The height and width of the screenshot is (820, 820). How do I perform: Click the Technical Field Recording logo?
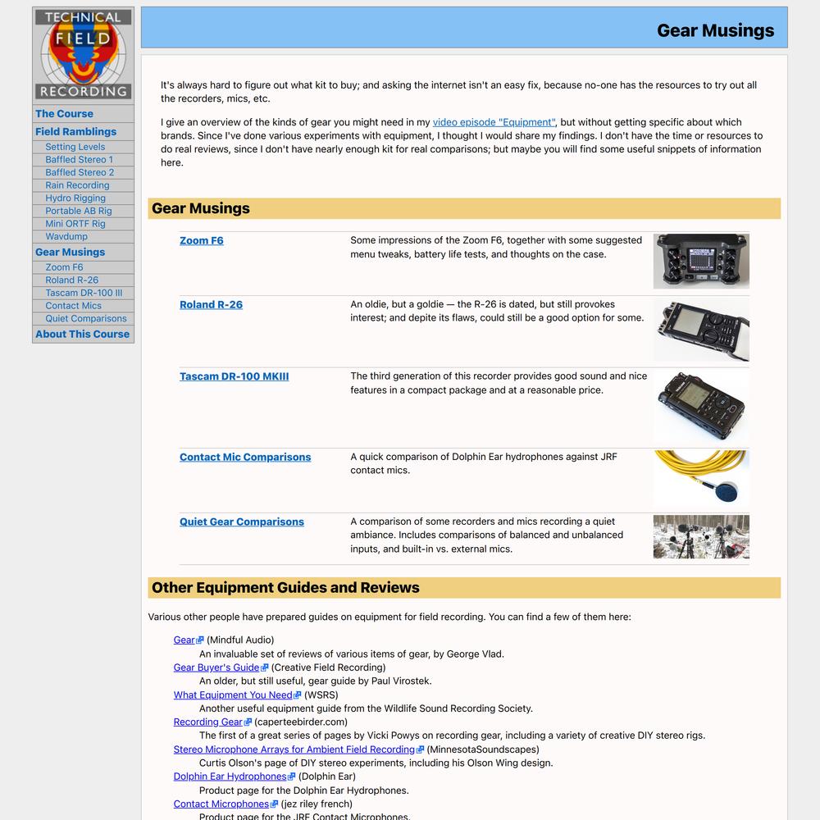[x=83, y=54]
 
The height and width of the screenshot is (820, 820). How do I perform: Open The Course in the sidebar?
[x=64, y=114]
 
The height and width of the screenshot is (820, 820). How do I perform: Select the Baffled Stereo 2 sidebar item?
[x=80, y=172]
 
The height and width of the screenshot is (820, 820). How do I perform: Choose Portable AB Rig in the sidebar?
[x=79, y=211]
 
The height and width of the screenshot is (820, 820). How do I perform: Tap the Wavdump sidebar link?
[x=66, y=236]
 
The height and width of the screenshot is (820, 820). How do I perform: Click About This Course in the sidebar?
[x=82, y=334]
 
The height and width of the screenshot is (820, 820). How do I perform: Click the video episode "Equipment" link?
[x=494, y=122]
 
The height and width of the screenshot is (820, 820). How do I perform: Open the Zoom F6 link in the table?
[x=201, y=240]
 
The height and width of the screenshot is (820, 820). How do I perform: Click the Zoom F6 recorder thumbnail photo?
[x=700, y=261]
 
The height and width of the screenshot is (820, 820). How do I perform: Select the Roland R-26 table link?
[x=211, y=304]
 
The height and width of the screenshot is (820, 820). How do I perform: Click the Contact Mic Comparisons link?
[x=245, y=457]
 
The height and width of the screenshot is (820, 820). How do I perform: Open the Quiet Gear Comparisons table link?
[x=242, y=522]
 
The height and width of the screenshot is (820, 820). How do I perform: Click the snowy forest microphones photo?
[x=700, y=536]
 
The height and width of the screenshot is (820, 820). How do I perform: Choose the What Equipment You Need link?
[x=233, y=695]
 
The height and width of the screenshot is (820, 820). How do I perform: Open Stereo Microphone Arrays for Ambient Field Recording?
[x=294, y=749]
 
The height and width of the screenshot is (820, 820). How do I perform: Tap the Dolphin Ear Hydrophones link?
[x=230, y=776]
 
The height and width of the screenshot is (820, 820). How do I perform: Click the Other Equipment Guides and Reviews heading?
[x=285, y=587]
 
